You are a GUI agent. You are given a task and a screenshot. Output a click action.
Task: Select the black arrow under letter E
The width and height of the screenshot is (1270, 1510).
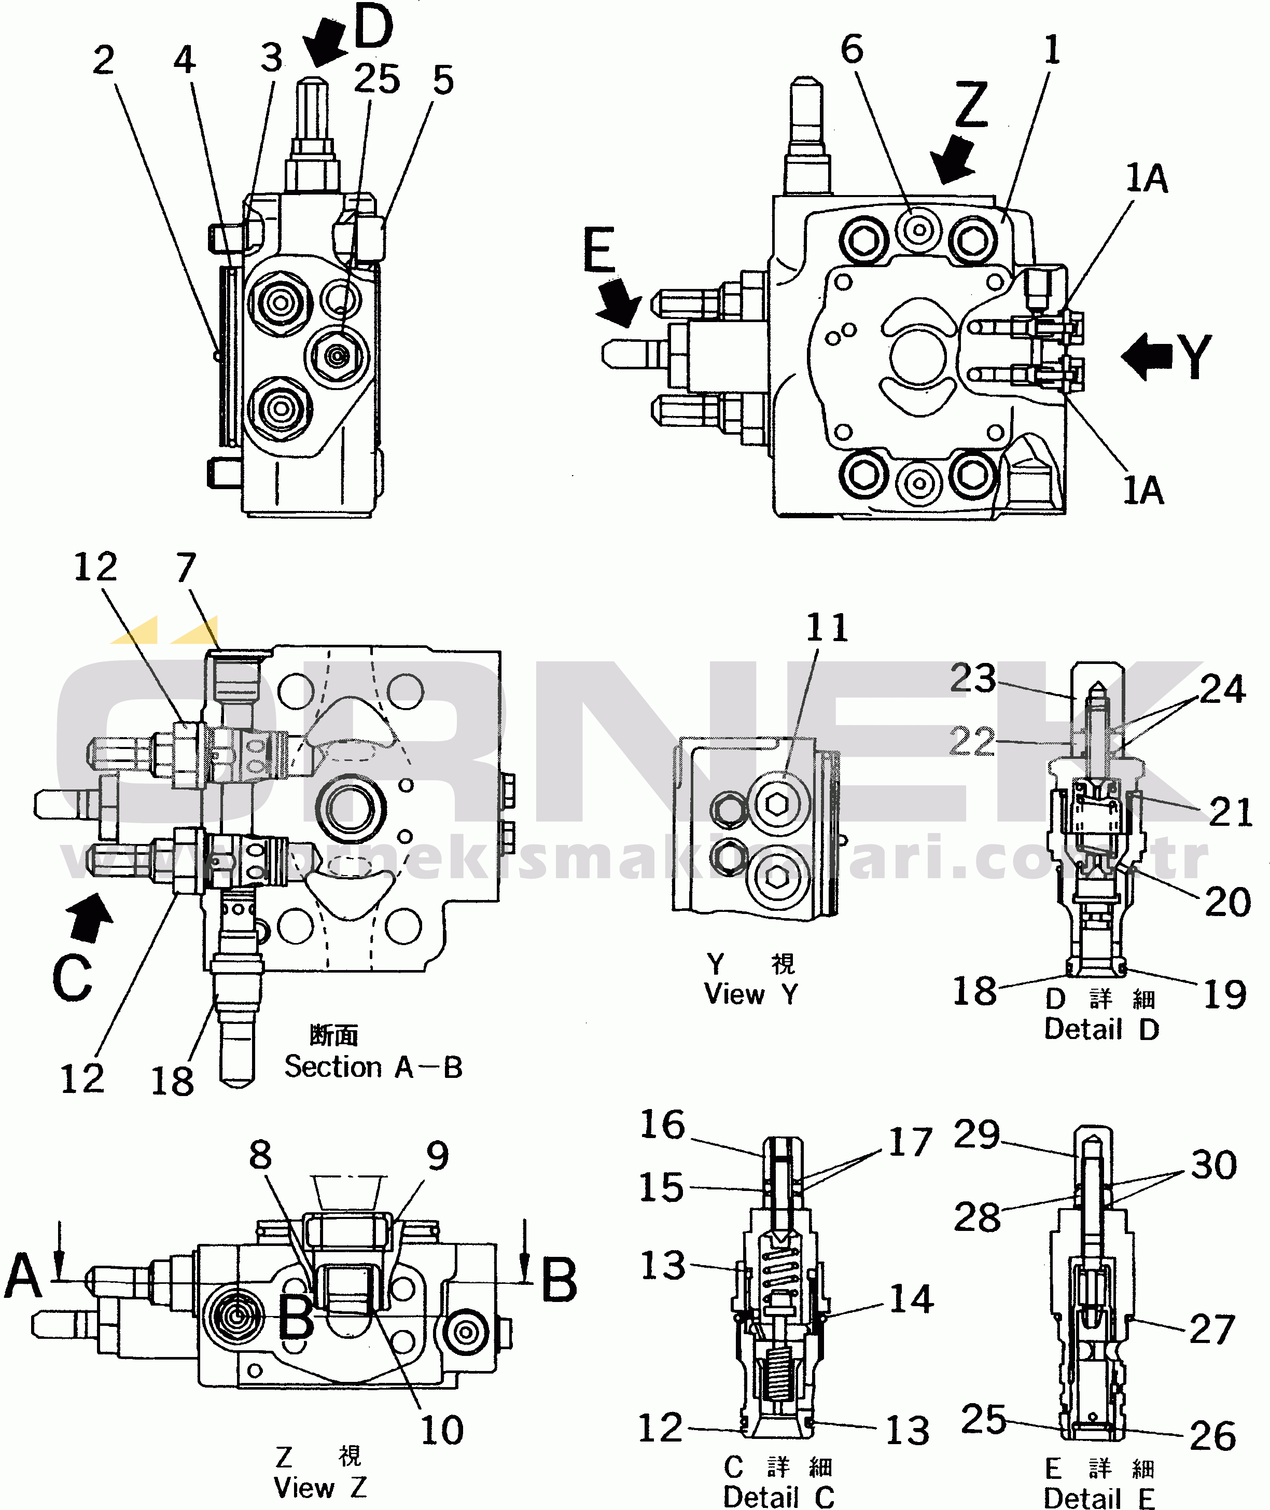tap(619, 301)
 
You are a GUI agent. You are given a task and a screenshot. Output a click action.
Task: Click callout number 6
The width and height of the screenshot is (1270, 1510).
tap(852, 50)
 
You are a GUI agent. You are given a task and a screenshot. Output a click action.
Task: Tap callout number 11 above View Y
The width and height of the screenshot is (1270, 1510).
tap(827, 627)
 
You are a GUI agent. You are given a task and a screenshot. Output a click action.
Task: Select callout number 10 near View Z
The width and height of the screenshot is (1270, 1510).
tap(442, 1430)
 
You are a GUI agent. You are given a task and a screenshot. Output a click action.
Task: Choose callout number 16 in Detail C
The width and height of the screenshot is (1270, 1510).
tap(662, 1125)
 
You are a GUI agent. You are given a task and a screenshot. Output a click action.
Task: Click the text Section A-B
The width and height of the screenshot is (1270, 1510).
tap(373, 1066)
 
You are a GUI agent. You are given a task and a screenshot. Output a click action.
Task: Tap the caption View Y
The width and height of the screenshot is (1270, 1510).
tap(751, 994)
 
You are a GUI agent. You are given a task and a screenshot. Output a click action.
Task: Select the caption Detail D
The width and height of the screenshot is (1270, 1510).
tap(1101, 1029)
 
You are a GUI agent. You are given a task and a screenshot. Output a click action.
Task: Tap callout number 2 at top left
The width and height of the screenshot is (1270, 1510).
tap(104, 61)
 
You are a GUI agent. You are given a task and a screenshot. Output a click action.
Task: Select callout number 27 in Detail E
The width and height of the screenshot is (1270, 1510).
tap(1212, 1328)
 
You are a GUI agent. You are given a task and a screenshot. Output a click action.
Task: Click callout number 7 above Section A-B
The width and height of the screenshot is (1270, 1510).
tap(186, 567)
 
